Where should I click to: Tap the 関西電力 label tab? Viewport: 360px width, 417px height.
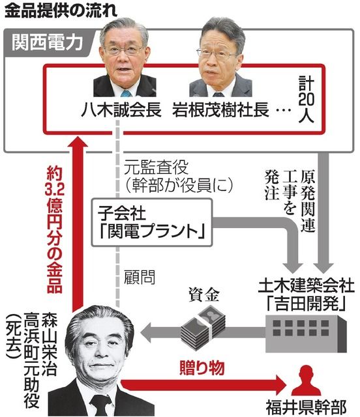[x=48, y=42]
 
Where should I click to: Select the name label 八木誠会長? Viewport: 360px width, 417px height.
[x=121, y=109]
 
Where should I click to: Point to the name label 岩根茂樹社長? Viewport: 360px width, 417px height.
[x=220, y=109]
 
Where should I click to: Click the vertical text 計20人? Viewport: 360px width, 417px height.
[x=307, y=100]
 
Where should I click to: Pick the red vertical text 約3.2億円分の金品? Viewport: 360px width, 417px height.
[x=55, y=229]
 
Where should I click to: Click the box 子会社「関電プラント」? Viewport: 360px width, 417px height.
[x=152, y=222]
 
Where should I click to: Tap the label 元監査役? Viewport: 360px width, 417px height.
[x=157, y=167]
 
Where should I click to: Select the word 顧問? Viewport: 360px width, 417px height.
[x=140, y=278]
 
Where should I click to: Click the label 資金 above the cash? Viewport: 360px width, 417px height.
[x=203, y=295]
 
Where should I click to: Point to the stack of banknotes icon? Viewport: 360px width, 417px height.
[x=203, y=325]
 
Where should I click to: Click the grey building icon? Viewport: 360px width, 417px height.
[x=307, y=333]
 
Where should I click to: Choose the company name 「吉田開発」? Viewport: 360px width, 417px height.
[x=307, y=304]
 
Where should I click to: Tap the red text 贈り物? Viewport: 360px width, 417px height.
[x=202, y=367]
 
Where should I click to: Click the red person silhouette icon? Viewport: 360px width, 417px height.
[x=306, y=381]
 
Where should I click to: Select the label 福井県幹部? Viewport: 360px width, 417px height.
[x=307, y=407]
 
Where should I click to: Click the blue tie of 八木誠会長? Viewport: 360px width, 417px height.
[x=126, y=93]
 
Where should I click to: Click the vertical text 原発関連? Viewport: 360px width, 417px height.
[x=308, y=200]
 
